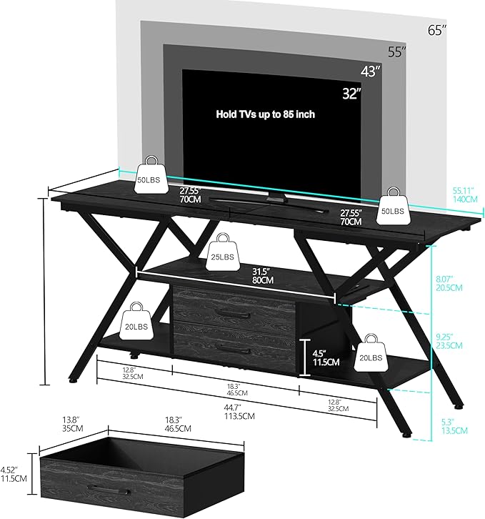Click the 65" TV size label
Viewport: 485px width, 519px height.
(436, 30)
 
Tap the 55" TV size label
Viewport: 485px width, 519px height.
(397, 51)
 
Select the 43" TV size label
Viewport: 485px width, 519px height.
(371, 71)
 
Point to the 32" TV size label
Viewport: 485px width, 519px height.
(351, 93)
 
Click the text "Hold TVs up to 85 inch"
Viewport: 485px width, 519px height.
(265, 114)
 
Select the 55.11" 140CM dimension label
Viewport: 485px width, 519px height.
(464, 195)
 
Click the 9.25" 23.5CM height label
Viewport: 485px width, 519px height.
(449, 340)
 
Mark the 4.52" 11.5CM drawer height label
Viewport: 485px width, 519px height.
(13, 474)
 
